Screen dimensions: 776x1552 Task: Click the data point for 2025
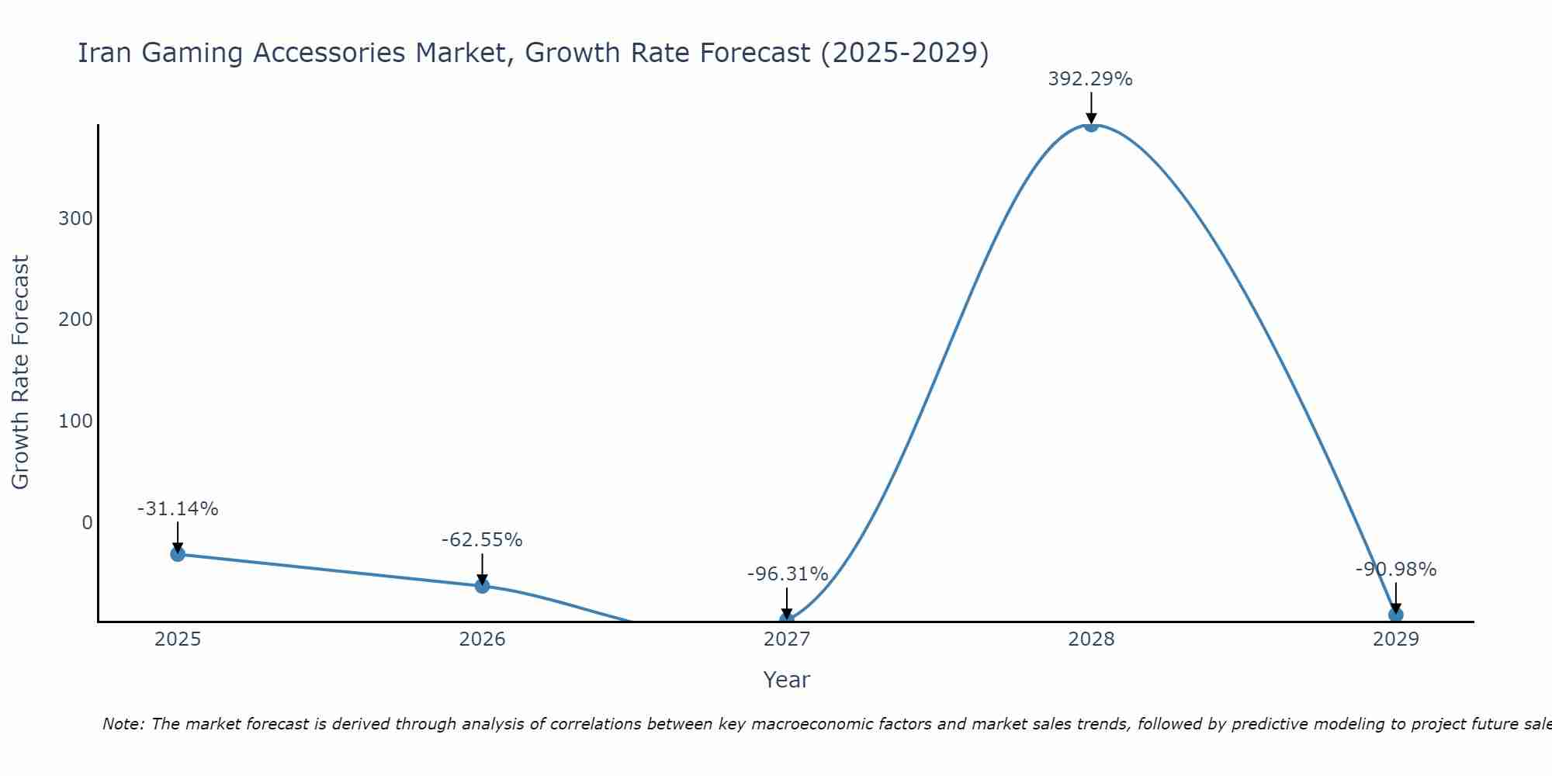178,553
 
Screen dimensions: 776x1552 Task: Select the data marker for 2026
482,585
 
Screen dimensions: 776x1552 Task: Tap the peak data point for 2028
1091,125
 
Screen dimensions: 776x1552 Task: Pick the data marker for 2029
1395,615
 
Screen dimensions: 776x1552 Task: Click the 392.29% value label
1090,79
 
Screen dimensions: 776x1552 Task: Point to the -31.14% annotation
178,509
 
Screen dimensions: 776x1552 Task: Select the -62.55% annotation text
482,540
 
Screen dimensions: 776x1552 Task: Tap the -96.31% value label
787,574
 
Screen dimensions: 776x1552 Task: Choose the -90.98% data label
1395,570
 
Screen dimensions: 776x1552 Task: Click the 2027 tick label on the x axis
787,639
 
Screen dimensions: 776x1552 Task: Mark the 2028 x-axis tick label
1091,639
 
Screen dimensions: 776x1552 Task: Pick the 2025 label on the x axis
178,639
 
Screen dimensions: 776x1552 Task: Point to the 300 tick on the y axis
75,219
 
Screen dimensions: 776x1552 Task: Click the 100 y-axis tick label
75,421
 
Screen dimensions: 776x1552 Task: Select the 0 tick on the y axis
87,522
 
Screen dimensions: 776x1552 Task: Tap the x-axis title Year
786,680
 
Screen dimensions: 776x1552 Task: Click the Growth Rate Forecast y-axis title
20,372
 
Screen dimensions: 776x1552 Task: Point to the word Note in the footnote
123,724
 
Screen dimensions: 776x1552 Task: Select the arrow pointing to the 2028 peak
1091,109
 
